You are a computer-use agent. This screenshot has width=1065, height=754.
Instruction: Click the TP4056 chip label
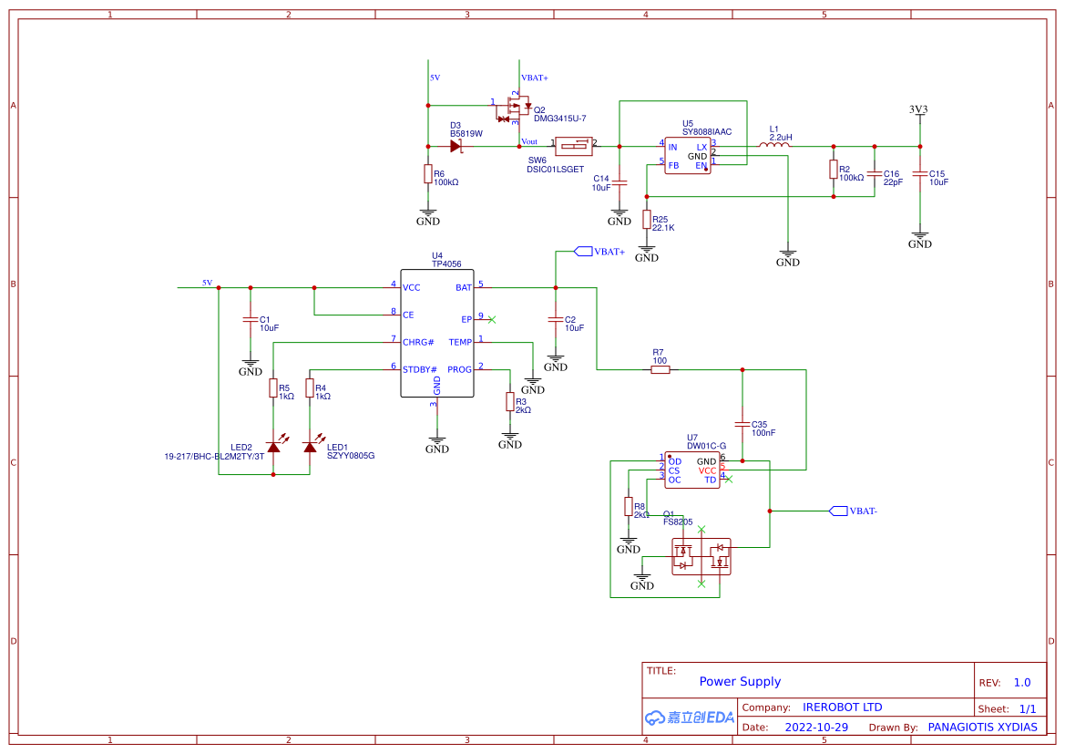coord(446,264)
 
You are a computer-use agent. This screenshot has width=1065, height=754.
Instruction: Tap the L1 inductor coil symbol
coord(774,145)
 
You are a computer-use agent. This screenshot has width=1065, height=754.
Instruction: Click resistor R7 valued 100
coord(661,369)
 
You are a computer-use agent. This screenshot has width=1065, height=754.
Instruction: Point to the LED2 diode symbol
coord(273,446)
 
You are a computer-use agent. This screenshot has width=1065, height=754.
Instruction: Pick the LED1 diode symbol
coord(310,446)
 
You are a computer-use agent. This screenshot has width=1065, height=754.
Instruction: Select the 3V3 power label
coord(918,109)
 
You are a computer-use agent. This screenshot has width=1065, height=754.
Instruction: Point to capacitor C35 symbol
coord(742,424)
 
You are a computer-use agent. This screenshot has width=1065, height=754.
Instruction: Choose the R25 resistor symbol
coord(647,220)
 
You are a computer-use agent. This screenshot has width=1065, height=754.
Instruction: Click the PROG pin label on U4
coord(460,369)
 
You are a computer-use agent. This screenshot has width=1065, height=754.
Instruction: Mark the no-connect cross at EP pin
coord(492,319)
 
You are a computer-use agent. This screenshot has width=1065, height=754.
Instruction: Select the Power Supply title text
coord(740,681)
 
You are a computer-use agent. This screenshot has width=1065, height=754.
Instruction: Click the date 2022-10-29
coord(816,728)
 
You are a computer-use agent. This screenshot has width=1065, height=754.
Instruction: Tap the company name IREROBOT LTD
coord(842,707)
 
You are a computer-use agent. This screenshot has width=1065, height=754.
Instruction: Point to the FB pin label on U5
coord(673,166)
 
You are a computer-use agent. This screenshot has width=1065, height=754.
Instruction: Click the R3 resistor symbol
coord(510,402)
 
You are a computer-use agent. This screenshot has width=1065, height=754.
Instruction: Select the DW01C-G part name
coord(706,446)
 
